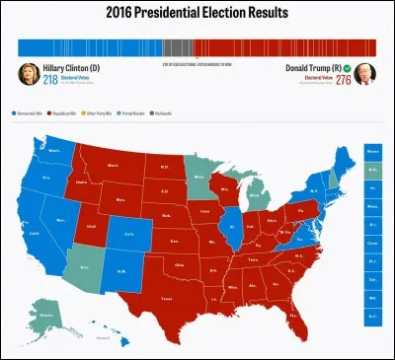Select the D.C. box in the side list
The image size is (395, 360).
click(373, 316)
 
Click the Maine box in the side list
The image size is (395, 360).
click(373, 151)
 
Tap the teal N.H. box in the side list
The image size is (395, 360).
click(373, 170)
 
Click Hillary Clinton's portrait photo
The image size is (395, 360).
click(28, 74)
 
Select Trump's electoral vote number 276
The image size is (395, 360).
click(343, 80)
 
